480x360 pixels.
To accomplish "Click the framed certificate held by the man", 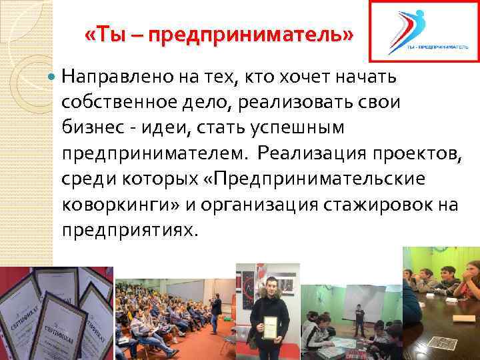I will (271, 326).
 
